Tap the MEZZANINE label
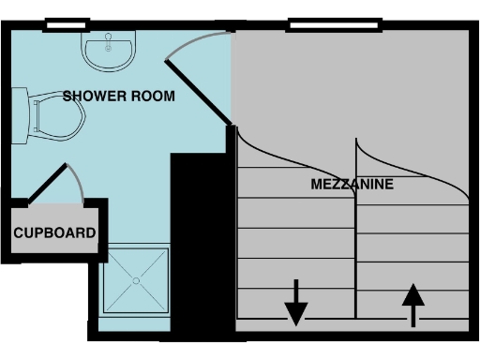coord(352,185)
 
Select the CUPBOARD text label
coord(54,232)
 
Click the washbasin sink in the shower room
coord(109,52)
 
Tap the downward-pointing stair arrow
coord(296,302)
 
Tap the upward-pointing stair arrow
coord(412,305)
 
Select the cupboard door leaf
coord(49,184)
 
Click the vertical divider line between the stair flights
coord(355,234)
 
